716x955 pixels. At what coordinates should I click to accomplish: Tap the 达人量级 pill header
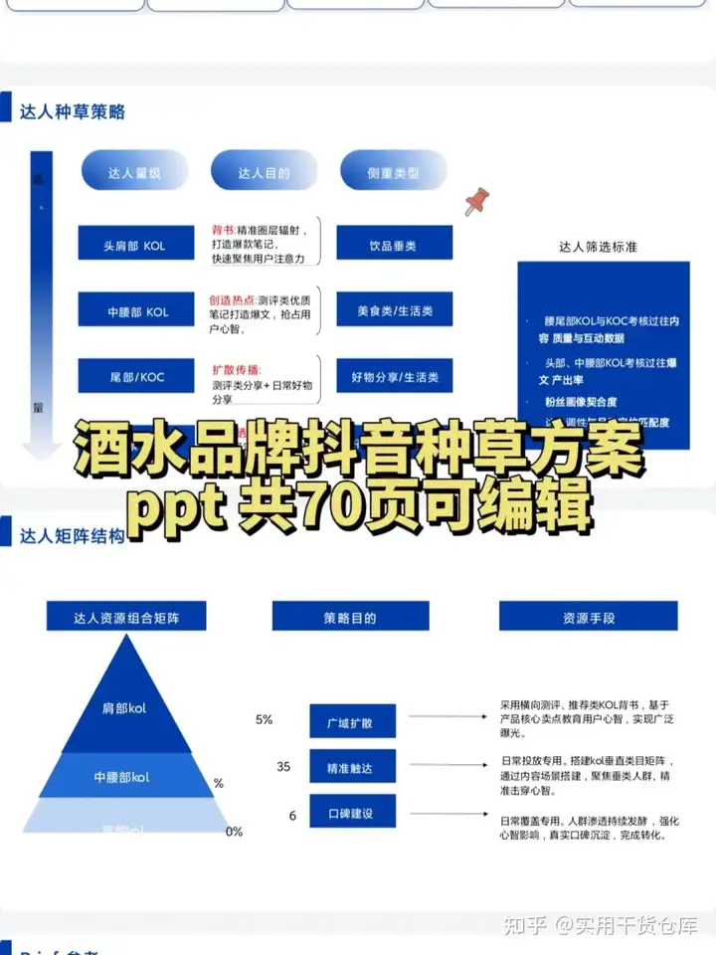(x=134, y=173)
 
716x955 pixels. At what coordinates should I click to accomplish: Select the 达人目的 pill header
(x=264, y=173)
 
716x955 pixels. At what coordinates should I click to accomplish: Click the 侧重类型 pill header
(x=393, y=173)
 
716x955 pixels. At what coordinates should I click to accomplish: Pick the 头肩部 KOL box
(x=136, y=244)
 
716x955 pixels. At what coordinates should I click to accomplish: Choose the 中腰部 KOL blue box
(x=136, y=311)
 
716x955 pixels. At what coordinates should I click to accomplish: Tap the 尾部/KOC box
(x=136, y=378)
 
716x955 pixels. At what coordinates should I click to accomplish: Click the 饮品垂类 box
(x=394, y=244)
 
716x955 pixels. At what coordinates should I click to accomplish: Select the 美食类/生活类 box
(x=394, y=311)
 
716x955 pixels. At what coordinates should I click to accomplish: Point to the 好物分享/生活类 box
(x=394, y=378)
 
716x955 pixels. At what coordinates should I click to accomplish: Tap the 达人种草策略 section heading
(x=73, y=111)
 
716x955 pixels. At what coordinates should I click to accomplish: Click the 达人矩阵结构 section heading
(x=73, y=535)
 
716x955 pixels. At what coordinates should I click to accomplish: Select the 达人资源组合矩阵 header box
(x=125, y=618)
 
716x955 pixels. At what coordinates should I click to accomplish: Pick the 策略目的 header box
(x=350, y=618)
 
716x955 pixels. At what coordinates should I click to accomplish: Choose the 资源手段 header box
(x=589, y=618)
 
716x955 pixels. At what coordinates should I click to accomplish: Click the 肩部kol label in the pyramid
(x=125, y=708)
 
